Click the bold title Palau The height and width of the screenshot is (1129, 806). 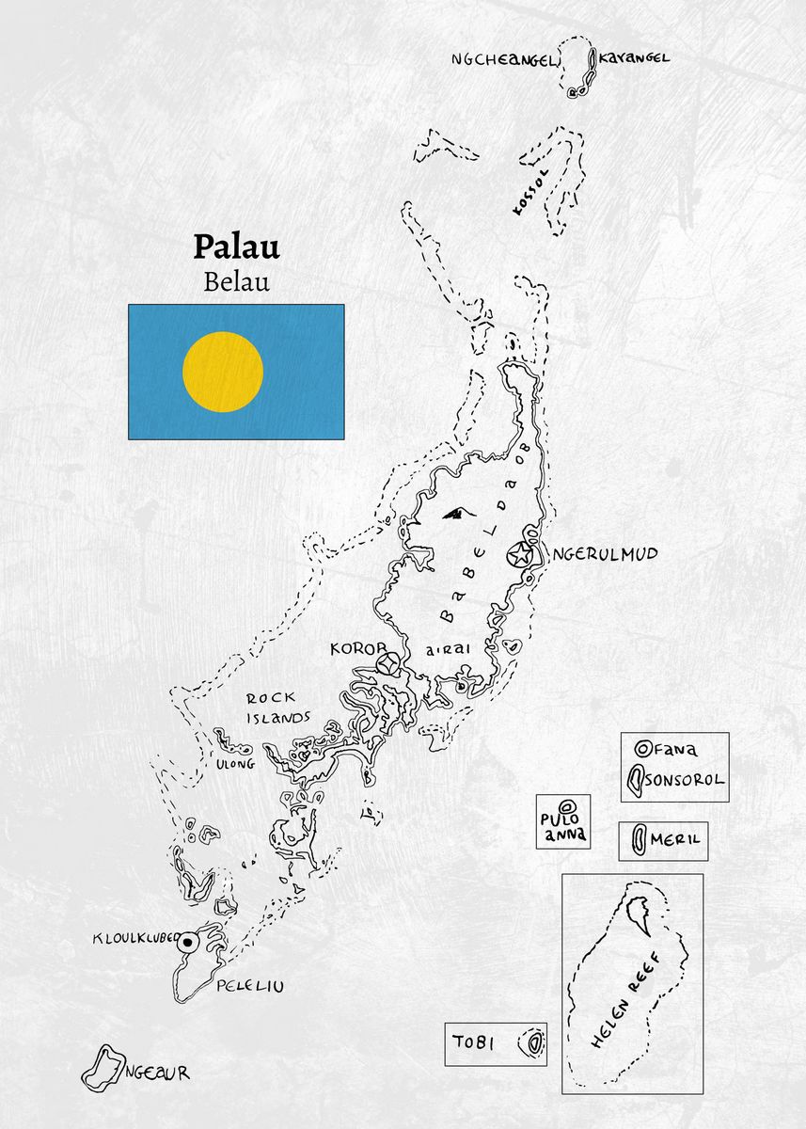[236, 246]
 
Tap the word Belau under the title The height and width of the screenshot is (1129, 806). [236, 281]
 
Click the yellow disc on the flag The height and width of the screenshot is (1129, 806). [223, 372]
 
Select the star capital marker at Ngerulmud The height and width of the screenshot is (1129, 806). [517, 555]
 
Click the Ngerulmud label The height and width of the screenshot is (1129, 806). [604, 554]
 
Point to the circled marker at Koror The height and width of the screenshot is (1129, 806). [386, 664]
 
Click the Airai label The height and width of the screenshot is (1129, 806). [447, 649]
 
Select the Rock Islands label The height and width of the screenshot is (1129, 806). [277, 708]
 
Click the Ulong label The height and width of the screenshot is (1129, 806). [235, 764]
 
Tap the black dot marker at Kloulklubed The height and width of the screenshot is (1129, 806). [188, 941]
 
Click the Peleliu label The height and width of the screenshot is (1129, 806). [249, 987]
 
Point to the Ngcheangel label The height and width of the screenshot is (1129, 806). [504, 59]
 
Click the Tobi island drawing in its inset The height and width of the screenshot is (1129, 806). [534, 1042]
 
